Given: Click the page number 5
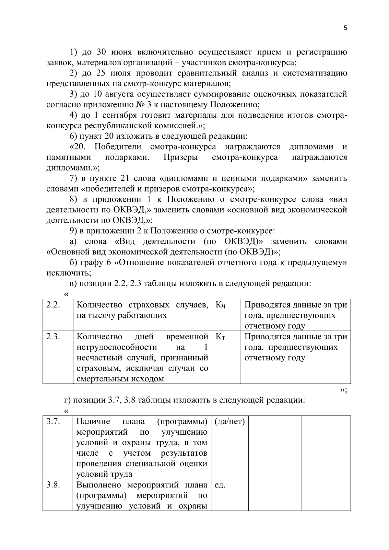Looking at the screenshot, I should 345,28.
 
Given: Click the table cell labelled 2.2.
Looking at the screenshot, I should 53,305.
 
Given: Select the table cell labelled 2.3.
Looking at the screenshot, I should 53,337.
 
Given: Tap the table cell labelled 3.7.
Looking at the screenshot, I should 53,422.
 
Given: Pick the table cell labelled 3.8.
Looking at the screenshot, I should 53,485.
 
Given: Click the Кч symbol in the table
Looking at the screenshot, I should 220,305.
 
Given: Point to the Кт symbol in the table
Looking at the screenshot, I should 220,337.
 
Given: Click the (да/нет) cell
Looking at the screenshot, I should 230,422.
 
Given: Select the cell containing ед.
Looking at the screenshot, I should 220,485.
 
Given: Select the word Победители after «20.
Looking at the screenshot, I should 118,147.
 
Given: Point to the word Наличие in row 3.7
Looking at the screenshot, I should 93,422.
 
